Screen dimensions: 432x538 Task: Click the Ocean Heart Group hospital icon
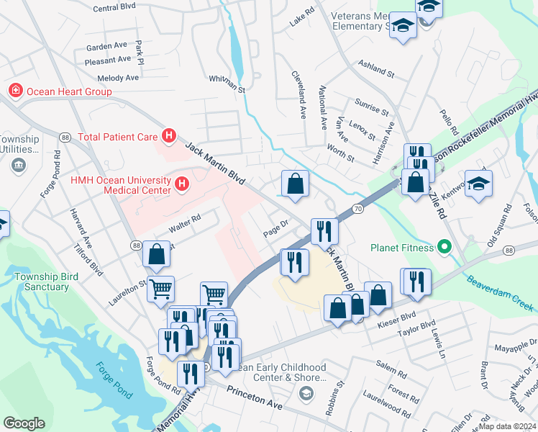click(x=14, y=91)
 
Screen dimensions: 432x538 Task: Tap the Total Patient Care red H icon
click(x=168, y=135)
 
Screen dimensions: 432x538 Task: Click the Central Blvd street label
click(x=114, y=7)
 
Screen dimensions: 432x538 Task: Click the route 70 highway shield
click(x=357, y=209)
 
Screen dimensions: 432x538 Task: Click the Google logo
click(x=24, y=423)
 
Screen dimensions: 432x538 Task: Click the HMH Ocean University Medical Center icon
click(x=181, y=184)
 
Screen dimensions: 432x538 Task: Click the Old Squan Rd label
click(x=498, y=227)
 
